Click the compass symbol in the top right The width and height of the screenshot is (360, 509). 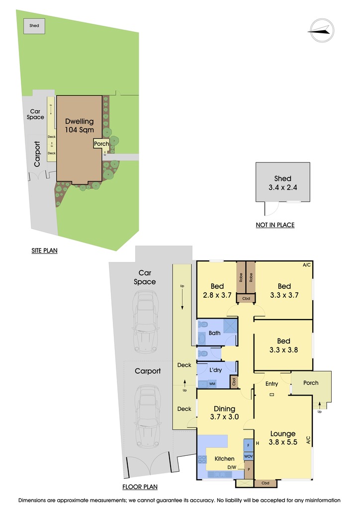pyautogui.click(x=322, y=30)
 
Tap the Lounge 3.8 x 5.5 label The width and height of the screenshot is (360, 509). pyautogui.click(x=283, y=437)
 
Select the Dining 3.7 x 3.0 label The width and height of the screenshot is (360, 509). pyautogui.click(x=224, y=413)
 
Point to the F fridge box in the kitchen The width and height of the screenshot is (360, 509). pyautogui.click(x=248, y=445)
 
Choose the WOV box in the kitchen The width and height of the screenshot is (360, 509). pyautogui.click(x=248, y=456)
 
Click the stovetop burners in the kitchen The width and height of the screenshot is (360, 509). pyautogui.click(x=202, y=459)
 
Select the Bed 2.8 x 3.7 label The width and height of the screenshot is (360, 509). pyautogui.click(x=217, y=290)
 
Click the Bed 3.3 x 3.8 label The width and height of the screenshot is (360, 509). pyautogui.click(x=284, y=345)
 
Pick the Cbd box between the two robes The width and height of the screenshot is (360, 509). pyautogui.click(x=246, y=298)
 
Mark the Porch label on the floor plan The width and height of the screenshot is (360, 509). pyautogui.click(x=311, y=383)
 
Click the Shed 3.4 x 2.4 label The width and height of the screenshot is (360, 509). pyautogui.click(x=283, y=183)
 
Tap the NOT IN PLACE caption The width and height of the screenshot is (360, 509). pyautogui.click(x=275, y=225)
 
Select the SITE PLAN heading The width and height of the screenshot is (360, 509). pyautogui.click(x=44, y=251)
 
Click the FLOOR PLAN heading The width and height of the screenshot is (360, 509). pyautogui.click(x=140, y=487)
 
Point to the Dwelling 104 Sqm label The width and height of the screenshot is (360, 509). pyautogui.click(x=80, y=126)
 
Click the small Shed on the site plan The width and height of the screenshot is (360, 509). pyautogui.click(x=34, y=26)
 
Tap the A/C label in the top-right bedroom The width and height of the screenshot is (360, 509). pyautogui.click(x=307, y=265)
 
